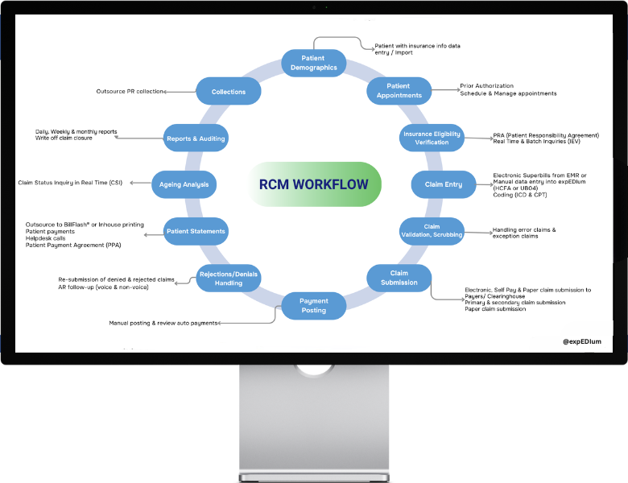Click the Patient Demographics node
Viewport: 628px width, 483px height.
pyautogui.click(x=314, y=63)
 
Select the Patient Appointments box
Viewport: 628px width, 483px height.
pyautogui.click(x=399, y=91)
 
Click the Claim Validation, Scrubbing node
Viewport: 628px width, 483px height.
pyautogui.click(x=432, y=231)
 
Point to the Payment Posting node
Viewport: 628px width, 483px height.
pyautogui.click(x=314, y=306)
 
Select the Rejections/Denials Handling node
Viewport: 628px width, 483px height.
pyautogui.click(x=229, y=279)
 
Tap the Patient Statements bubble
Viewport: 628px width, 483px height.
pyautogui.click(x=196, y=231)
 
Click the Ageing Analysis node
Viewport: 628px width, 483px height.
pyautogui.click(x=184, y=184)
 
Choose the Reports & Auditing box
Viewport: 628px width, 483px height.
pyautogui.click(x=196, y=138)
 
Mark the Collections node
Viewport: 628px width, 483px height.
pyautogui.click(x=229, y=92)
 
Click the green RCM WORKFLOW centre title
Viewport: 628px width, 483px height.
pyautogui.click(x=313, y=184)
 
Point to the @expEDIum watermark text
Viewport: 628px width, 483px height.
pyautogui.click(x=582, y=341)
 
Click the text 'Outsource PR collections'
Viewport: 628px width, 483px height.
pyautogui.click(x=130, y=92)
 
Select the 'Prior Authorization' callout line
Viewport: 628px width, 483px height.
pyautogui.click(x=486, y=86)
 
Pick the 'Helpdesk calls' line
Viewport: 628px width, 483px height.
pyautogui.click(x=47, y=238)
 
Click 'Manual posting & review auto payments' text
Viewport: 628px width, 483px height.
pyautogui.click(x=163, y=323)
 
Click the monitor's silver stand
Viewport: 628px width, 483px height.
pyautogui.click(x=314, y=423)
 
